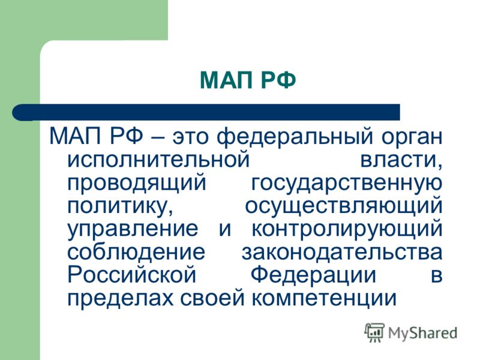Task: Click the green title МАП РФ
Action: click(248, 80)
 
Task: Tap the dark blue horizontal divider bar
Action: click(206, 112)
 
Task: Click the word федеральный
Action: click(295, 137)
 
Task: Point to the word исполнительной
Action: click(158, 159)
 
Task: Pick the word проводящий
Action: click(137, 184)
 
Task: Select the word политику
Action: click(119, 206)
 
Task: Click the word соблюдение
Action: click(136, 252)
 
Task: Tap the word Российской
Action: click(131, 274)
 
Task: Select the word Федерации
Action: click(313, 275)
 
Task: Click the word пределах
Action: click(121, 298)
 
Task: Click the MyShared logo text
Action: click(423, 333)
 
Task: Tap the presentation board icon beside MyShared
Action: click(374, 332)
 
